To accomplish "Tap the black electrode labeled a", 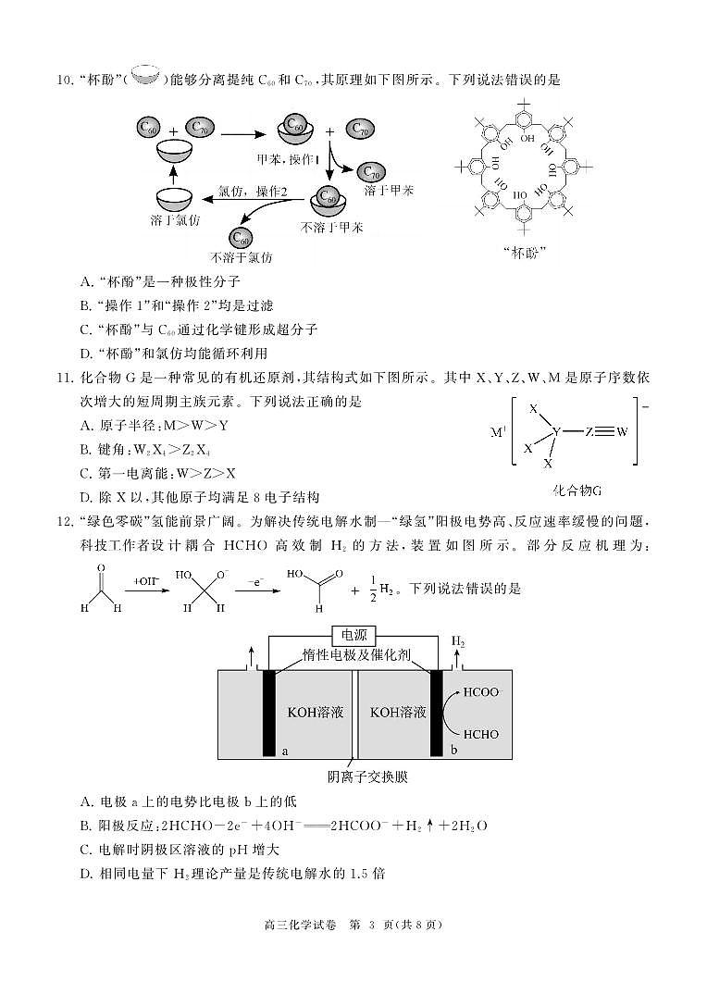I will (270, 712).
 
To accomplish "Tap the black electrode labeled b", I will (436, 712).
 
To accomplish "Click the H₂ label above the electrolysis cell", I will (458, 640).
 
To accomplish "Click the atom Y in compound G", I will (556, 432).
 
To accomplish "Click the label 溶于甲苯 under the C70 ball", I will (389, 191).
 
